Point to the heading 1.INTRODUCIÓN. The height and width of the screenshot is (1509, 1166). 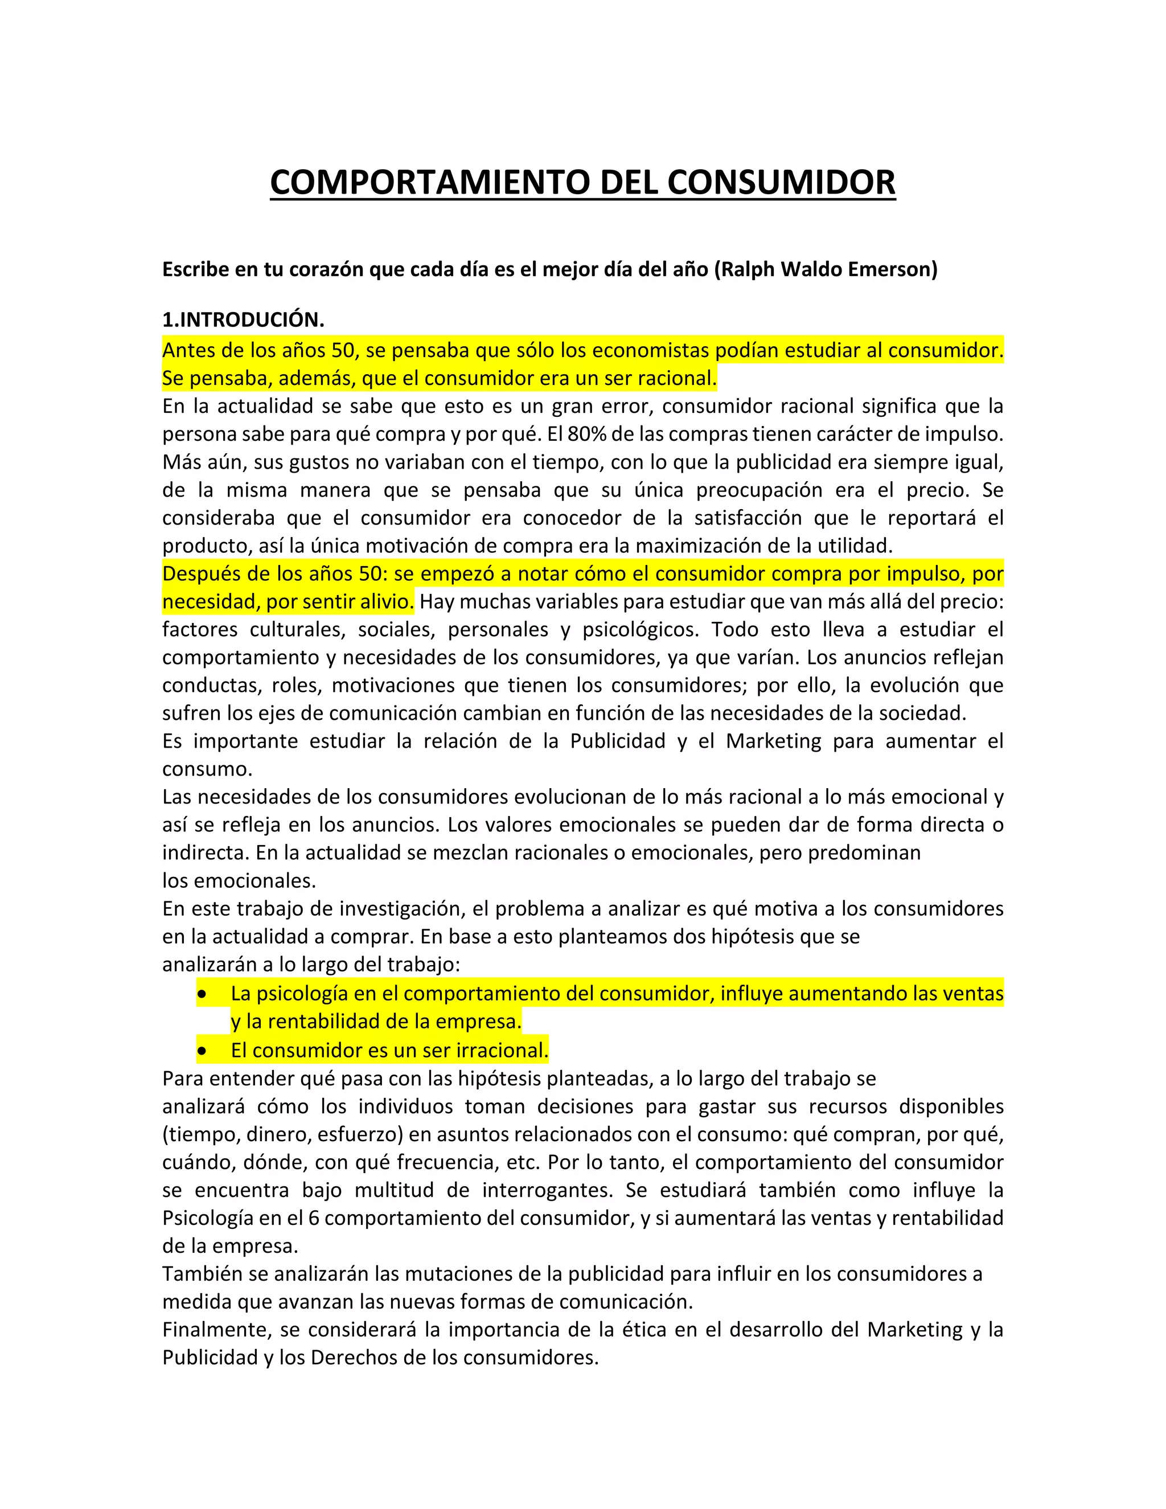pyautogui.click(x=243, y=320)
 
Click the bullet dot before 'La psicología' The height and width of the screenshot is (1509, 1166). pyautogui.click(x=202, y=994)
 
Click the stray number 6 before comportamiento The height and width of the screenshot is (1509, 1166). pyautogui.click(x=313, y=1218)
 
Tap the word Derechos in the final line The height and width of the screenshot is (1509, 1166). pyautogui.click(x=351, y=1358)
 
